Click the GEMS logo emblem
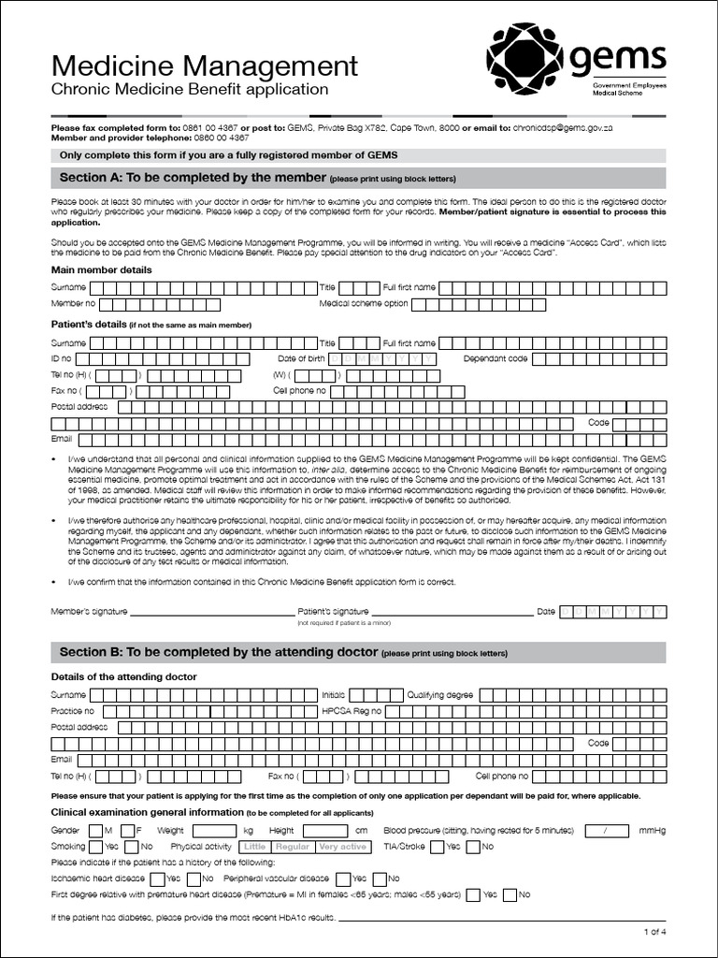tap(525, 58)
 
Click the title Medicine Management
tap(204, 65)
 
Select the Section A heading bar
tap(358, 178)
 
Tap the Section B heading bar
tap(358, 652)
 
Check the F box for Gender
tap(127, 831)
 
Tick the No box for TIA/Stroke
tap(473, 847)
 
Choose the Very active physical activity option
tap(342, 847)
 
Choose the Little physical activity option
tap(255, 847)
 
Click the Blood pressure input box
tap(610, 831)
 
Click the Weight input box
tap(213, 831)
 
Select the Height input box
tap(323, 831)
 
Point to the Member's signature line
tap(211, 613)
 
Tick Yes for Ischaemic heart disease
tap(155, 878)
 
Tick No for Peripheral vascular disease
tap(379, 878)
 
